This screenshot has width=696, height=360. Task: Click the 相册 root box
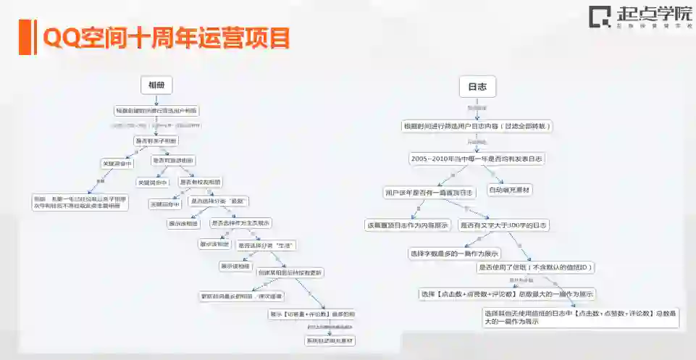(x=156, y=85)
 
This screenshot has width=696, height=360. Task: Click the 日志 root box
(x=477, y=87)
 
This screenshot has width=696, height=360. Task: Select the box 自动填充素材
(x=510, y=190)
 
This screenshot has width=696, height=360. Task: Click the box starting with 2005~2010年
(x=477, y=158)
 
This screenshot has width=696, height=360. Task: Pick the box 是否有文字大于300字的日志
(x=505, y=225)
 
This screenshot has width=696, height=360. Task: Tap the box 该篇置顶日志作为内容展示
(x=408, y=225)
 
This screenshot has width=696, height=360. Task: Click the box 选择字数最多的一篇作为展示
(x=454, y=254)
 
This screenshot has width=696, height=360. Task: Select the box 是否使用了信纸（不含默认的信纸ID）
(x=535, y=267)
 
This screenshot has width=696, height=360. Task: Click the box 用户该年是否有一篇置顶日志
(x=429, y=193)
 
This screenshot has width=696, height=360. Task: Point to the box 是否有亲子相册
(x=156, y=141)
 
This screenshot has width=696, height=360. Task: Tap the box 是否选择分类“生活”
(x=265, y=246)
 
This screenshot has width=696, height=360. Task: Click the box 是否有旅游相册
(x=173, y=160)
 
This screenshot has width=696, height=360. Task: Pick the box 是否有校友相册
(x=201, y=182)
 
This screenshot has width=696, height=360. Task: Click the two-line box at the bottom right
(x=581, y=317)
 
